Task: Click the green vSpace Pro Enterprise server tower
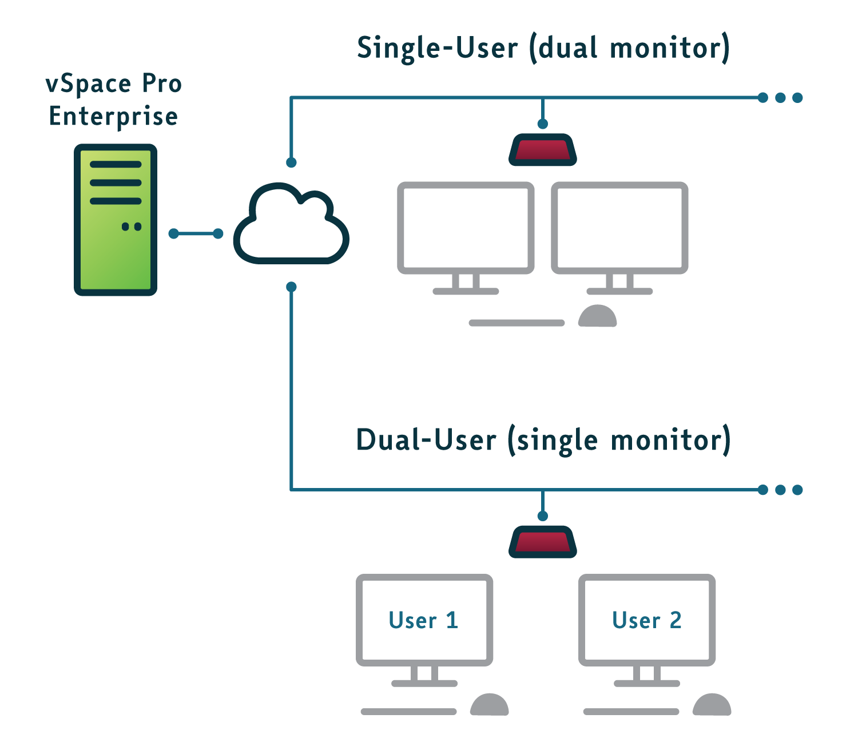pos(116,220)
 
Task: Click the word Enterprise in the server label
pos(113,116)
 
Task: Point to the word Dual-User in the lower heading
pos(426,440)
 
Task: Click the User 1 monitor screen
pos(424,620)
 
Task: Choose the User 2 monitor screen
pos(647,620)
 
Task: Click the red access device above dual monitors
pos(542,150)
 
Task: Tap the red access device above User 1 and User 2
pos(542,542)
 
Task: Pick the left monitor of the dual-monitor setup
pos(466,228)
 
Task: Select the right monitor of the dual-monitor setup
pos(619,228)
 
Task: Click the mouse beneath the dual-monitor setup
pos(597,316)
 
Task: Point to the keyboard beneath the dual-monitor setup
pos(517,323)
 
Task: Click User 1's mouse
pos(489,705)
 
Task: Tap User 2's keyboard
pos(631,712)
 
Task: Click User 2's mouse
pos(712,705)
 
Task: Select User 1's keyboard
pos(408,712)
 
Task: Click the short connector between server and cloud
pos(196,233)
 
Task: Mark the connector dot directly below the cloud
pos(291,287)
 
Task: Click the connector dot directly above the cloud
pos(291,162)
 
